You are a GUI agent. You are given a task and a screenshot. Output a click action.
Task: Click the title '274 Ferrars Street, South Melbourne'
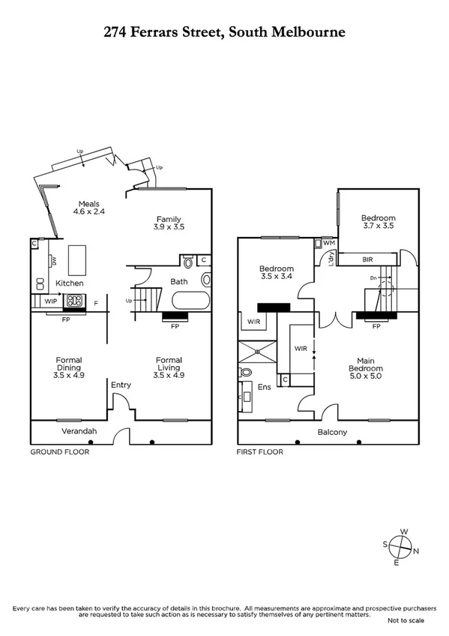point(224,32)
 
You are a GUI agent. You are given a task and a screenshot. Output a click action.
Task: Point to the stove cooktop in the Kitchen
point(76,301)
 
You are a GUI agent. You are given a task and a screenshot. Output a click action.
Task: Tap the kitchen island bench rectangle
point(79,259)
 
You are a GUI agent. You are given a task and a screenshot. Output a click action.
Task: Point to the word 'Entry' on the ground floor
point(120,385)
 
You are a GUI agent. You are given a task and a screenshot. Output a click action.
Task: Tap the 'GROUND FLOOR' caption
point(59,452)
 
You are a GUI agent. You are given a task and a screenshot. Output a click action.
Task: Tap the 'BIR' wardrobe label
point(367,259)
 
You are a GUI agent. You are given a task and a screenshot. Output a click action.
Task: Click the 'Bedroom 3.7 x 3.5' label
point(378,222)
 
